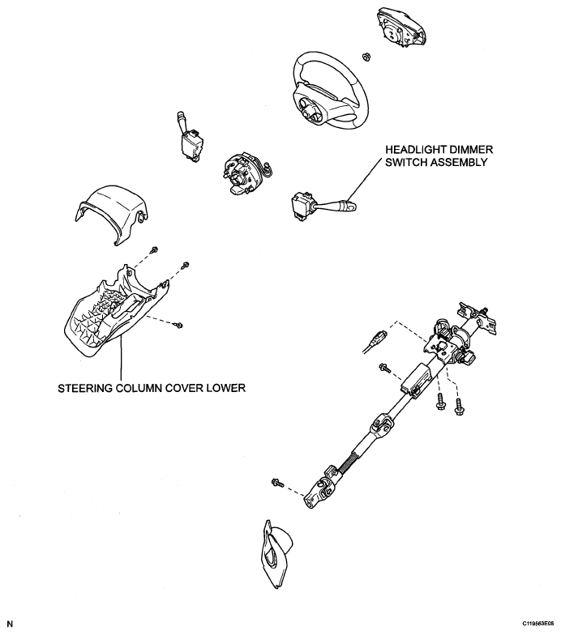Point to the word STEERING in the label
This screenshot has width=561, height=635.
[87, 387]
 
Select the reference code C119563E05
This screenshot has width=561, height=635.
[530, 624]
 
